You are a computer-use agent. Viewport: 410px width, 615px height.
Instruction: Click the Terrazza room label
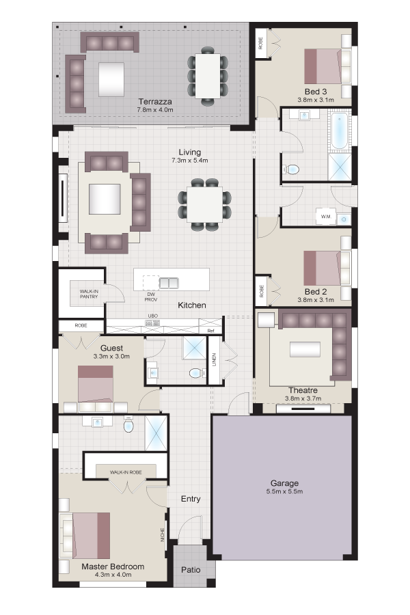[155, 102]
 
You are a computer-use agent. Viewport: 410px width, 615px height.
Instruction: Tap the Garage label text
[284, 483]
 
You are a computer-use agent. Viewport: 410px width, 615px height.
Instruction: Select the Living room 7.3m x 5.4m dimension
[189, 161]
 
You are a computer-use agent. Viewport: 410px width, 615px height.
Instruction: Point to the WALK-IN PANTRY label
[89, 294]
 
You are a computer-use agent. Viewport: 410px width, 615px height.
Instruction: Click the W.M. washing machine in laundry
[326, 217]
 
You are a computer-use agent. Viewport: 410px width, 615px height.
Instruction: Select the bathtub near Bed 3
[340, 131]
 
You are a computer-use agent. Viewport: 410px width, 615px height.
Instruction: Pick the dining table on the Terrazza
[208, 76]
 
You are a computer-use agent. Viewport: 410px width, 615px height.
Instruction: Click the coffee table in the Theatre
[305, 349]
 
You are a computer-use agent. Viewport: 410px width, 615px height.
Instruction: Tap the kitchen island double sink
[169, 283]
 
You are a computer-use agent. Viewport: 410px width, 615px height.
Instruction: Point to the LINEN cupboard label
[214, 359]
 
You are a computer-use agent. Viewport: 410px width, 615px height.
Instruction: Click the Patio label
[191, 569]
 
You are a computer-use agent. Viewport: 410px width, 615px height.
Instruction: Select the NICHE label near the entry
[163, 534]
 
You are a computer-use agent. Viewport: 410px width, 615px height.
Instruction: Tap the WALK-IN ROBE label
[126, 472]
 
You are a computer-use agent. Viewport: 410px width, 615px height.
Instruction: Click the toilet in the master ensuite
[128, 424]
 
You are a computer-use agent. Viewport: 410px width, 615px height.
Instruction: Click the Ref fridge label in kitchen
[211, 331]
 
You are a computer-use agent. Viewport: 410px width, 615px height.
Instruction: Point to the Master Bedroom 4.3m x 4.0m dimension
[113, 575]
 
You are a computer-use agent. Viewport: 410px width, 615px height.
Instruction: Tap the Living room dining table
[204, 204]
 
